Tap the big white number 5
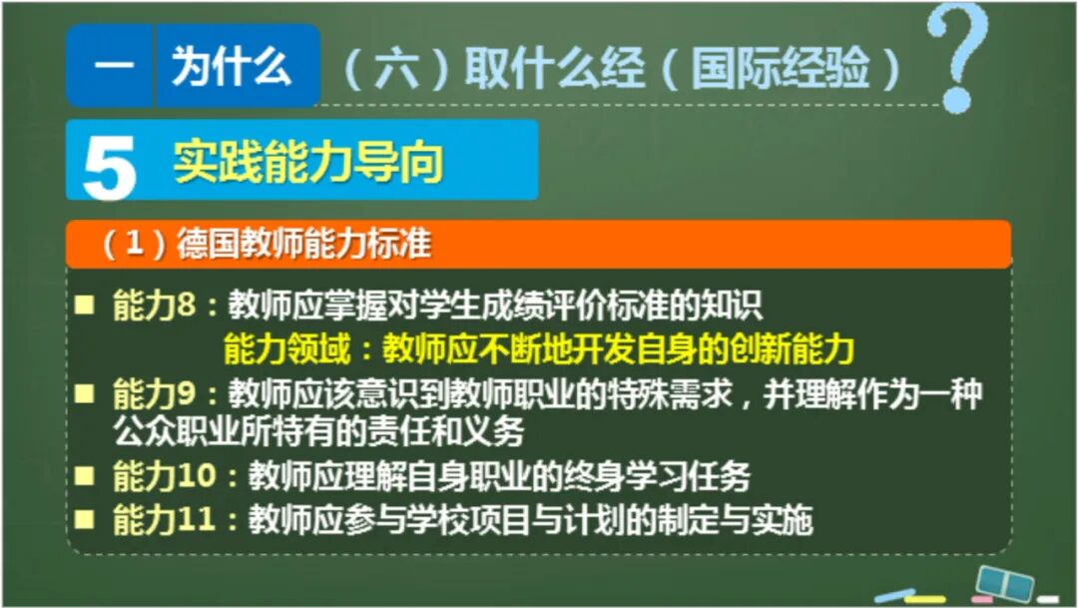pos(109,167)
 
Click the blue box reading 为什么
pos(232,66)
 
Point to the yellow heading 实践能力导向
pos(308,162)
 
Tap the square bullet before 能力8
pos(88,303)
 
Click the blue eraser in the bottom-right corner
pos(1003,581)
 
